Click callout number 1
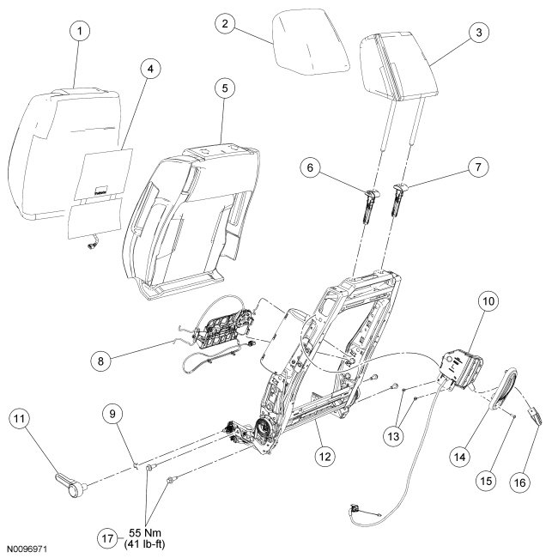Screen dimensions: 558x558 (x=79, y=33)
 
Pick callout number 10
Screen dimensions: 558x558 (x=489, y=302)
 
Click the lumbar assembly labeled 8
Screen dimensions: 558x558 (x=223, y=335)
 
